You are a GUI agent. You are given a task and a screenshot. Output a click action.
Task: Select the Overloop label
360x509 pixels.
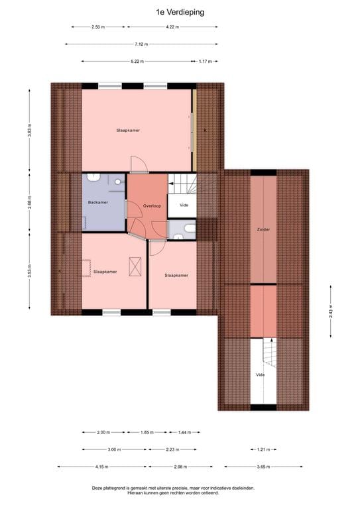(152, 205)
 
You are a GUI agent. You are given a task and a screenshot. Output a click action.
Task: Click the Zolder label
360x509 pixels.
(263, 229)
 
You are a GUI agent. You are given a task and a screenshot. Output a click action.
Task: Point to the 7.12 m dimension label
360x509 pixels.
(141, 44)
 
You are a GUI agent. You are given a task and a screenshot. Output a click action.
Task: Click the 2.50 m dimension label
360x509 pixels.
(98, 27)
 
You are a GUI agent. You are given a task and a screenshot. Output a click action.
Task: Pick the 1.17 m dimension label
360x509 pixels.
(205, 61)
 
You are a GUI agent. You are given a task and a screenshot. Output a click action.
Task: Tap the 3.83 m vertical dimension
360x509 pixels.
(30, 129)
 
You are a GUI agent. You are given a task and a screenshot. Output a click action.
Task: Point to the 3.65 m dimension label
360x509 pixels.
(263, 467)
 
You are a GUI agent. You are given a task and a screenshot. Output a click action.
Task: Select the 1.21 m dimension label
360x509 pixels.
(263, 449)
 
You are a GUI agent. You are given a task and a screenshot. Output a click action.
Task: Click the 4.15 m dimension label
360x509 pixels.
(101, 467)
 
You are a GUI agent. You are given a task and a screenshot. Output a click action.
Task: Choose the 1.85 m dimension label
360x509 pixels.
(147, 432)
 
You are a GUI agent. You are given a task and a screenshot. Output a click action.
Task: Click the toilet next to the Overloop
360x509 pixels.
(188, 230)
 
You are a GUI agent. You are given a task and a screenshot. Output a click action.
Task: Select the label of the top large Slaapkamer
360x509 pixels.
(128, 130)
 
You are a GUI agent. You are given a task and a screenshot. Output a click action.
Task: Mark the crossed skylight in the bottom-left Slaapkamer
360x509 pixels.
(137, 267)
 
